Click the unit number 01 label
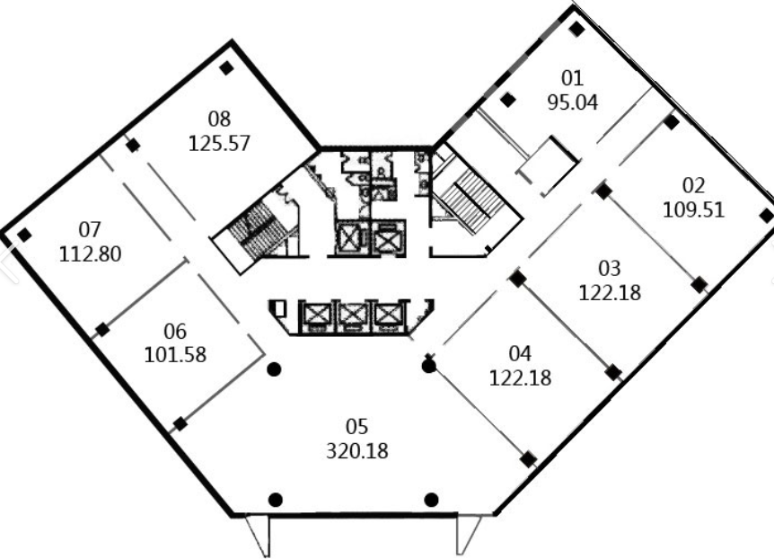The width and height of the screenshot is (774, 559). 572,78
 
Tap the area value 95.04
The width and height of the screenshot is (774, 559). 573,102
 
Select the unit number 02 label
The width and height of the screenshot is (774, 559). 693,185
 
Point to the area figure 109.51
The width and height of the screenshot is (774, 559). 693,210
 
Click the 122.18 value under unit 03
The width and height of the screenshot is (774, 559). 610,293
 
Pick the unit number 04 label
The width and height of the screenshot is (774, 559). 520,353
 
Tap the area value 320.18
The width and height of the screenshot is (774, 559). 357,451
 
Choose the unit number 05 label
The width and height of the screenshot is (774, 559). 356,426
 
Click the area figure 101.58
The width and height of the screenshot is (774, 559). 175,355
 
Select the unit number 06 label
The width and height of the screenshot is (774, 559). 175,331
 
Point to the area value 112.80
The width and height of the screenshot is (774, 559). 91,254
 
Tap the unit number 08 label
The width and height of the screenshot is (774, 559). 219,120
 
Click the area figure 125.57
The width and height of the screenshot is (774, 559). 219,143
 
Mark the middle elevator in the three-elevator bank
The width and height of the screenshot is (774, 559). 354,315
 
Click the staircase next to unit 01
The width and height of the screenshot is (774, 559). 471,200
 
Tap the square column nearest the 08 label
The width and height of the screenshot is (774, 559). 226,68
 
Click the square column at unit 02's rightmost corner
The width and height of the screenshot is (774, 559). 767,216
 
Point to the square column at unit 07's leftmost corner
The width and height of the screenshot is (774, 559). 24,235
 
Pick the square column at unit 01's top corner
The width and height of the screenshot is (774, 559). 576,29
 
